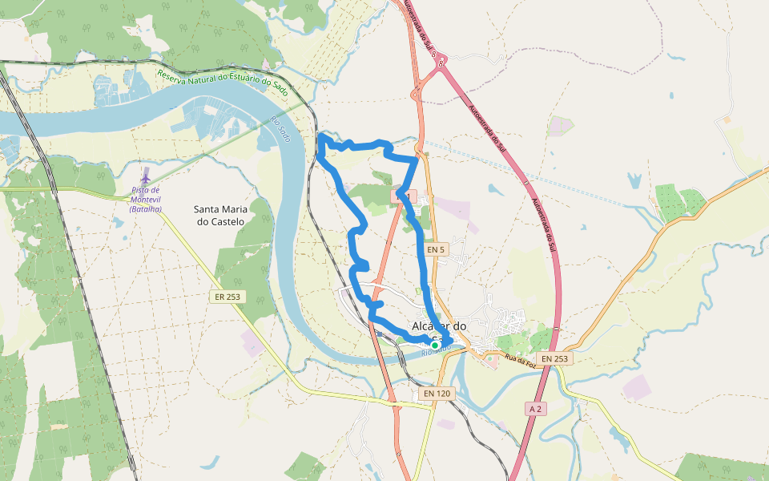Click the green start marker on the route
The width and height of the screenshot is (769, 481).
[435, 346]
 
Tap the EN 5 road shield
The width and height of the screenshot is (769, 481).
[435, 249]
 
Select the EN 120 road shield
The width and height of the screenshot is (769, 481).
[436, 394]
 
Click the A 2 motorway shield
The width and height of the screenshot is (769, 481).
[536, 409]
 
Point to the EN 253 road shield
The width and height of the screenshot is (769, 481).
[554, 358]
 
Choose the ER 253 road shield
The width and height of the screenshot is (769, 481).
[227, 297]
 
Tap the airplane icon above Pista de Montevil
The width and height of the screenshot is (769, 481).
[145, 175]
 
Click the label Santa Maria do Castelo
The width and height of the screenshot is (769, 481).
[219, 215]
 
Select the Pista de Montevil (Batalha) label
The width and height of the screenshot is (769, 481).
[145, 200]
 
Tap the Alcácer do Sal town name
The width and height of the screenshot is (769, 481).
[438, 327]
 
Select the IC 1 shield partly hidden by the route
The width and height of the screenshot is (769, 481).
[403, 196]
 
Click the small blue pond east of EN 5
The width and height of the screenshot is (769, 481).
[493, 190]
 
